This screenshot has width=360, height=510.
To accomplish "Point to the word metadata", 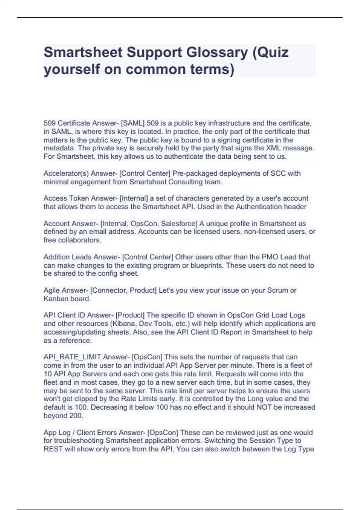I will (59, 148).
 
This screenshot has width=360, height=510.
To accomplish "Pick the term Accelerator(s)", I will (66, 173).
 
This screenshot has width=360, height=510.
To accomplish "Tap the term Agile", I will (51, 290).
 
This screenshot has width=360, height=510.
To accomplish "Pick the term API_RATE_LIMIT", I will (72, 357).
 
